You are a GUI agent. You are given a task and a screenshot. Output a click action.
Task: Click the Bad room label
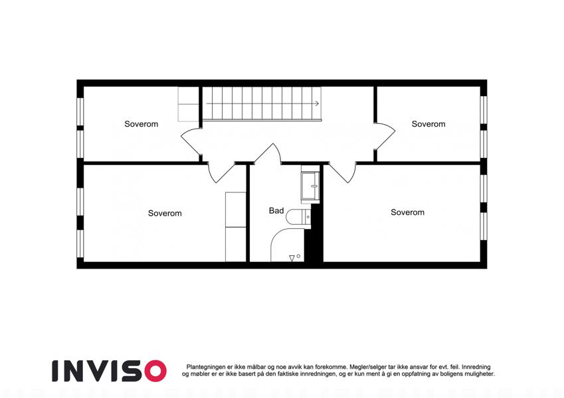tap(276, 211)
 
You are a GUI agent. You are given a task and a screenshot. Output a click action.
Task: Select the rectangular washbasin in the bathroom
tap(310, 186)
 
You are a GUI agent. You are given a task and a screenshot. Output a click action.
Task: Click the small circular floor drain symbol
tap(298, 256)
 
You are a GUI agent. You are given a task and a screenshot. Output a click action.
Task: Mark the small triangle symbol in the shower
tap(292, 258)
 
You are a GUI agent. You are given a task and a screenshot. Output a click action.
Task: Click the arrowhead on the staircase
tap(317, 103)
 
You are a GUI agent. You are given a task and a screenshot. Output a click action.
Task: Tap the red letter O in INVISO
tap(155, 371)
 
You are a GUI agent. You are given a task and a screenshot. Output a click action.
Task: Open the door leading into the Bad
tap(267, 155)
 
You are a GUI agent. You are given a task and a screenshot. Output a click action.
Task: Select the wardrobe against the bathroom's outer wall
tap(236, 227)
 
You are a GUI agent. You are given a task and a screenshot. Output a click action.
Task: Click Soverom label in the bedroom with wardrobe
tap(165, 214)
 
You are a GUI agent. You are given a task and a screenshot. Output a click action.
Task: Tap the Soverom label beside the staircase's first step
tap(141, 124)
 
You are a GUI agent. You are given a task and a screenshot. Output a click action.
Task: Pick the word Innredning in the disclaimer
tap(476, 367)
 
